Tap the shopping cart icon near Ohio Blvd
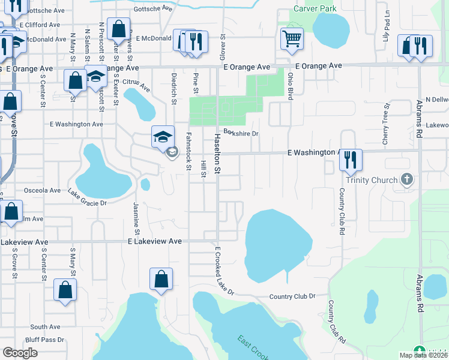click(x=292, y=39)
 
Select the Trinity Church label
click(x=372, y=180)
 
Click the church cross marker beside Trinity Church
click(x=407, y=179)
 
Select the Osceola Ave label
click(x=42, y=190)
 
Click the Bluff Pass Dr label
click(x=47, y=340)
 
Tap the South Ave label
click(x=45, y=327)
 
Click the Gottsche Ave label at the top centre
click(x=153, y=9)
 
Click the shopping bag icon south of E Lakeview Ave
click(x=161, y=280)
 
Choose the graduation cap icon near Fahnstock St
click(x=163, y=137)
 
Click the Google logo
click(x=20, y=353)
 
